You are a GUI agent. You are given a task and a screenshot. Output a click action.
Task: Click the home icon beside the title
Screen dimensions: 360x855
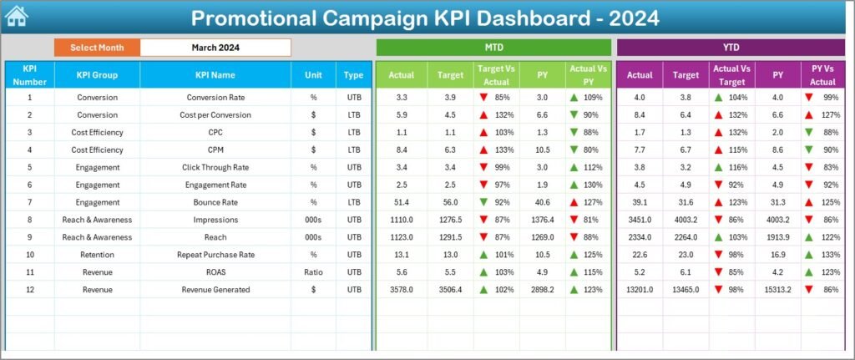(x=17, y=16)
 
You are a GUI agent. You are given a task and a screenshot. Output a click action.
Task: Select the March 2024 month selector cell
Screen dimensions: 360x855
(x=215, y=48)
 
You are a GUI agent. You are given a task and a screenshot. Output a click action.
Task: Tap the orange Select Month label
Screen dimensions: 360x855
(x=97, y=48)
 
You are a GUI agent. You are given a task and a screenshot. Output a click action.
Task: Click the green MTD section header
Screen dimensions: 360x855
(x=493, y=48)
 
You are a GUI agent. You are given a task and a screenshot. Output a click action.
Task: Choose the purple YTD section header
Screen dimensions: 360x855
(x=730, y=48)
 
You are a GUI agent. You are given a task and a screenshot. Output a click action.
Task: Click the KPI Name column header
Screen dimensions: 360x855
(x=215, y=75)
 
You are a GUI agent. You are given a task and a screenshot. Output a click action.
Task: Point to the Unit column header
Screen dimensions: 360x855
(x=313, y=75)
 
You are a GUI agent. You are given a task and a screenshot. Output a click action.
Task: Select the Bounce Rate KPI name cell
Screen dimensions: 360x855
(x=215, y=202)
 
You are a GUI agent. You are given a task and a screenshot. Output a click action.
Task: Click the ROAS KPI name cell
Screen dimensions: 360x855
(x=215, y=272)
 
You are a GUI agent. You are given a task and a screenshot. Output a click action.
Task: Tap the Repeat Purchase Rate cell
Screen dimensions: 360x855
(x=215, y=255)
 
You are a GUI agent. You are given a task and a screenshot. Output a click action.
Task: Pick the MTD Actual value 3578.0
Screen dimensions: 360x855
(x=402, y=290)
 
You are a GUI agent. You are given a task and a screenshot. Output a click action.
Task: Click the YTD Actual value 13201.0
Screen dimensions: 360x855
(x=640, y=290)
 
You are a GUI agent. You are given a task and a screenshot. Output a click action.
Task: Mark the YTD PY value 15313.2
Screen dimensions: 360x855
(x=777, y=290)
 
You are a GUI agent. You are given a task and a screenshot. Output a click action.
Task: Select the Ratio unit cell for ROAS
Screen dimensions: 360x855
(x=313, y=272)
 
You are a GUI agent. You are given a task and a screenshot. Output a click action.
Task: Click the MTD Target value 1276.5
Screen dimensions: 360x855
(x=450, y=220)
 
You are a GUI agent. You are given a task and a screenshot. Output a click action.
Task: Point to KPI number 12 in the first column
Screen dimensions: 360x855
(x=29, y=290)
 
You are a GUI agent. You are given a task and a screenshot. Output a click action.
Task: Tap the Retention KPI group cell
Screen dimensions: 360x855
(x=97, y=255)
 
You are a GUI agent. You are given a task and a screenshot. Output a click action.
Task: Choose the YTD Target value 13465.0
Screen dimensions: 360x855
(x=686, y=290)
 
